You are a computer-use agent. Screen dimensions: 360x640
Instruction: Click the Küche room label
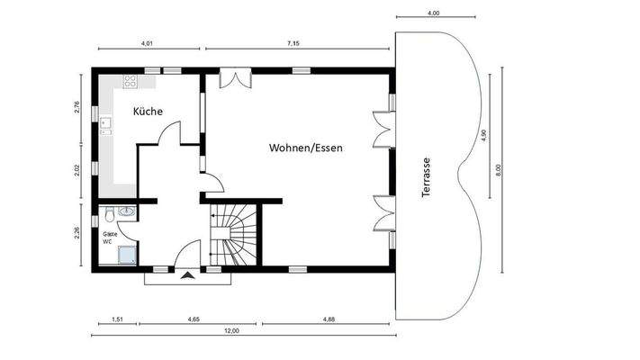148,112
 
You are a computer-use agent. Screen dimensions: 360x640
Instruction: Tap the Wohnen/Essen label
306,146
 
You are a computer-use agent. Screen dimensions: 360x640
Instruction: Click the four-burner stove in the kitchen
130,80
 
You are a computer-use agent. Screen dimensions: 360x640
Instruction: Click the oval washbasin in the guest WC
127,212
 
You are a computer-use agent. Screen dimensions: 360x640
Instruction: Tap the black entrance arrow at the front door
186,276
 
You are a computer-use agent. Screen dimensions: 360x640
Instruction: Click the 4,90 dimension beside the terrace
482,135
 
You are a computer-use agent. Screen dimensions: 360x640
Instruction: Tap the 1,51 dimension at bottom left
117,319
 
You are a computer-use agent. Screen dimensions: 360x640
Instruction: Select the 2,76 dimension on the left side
77,108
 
